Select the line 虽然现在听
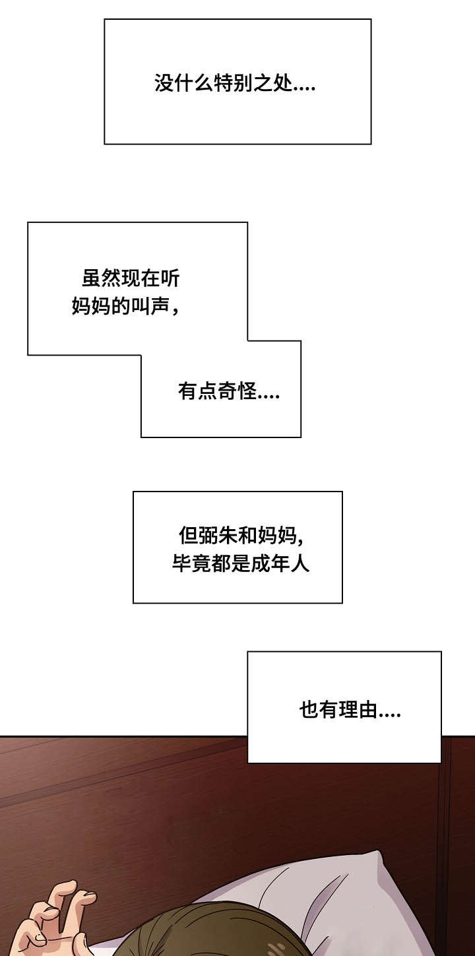click(131, 279)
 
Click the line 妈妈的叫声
click(126, 307)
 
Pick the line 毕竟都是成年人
click(241, 564)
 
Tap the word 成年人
click(280, 564)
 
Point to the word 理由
click(358, 711)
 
